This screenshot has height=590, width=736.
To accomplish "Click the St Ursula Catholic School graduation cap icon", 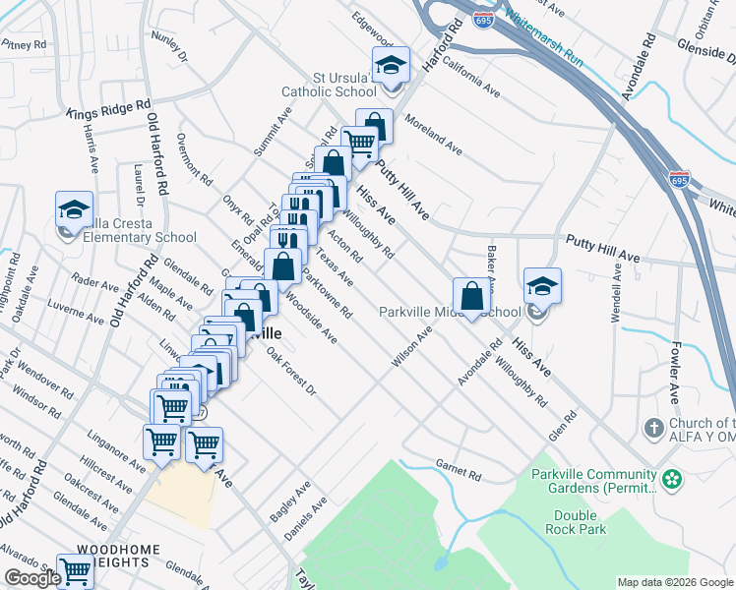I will tap(391, 66).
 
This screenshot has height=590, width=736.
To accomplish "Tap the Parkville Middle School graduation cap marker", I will tap(542, 286).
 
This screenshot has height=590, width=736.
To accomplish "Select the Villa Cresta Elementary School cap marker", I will tap(74, 209).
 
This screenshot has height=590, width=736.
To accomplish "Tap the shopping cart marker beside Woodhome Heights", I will tap(75, 571).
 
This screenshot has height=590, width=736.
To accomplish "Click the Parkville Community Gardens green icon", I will tap(672, 480).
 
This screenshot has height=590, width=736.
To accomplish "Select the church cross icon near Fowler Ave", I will tap(653, 428).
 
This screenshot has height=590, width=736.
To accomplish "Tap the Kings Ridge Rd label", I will tap(108, 108).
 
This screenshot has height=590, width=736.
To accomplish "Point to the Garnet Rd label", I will tap(460, 474).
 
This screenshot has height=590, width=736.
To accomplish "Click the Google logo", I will tap(31, 578).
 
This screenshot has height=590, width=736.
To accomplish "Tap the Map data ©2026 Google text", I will tap(674, 582).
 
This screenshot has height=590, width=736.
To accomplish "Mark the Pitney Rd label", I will tap(25, 44).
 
